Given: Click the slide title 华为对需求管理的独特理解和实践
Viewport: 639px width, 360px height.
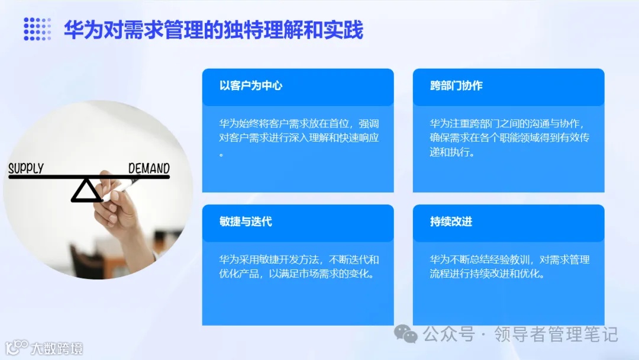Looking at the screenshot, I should coord(213,30).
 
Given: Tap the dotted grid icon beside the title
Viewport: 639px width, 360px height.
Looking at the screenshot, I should coord(37,29).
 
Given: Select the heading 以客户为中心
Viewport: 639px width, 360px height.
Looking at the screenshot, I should coord(251,86).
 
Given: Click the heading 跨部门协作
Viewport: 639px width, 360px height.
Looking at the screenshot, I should coord(456,86).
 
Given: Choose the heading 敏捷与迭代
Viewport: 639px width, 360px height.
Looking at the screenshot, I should coord(246,222).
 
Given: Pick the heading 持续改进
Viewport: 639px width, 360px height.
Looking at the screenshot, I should coord(451,222).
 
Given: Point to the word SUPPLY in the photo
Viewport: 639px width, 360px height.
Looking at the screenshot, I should coord(26,168).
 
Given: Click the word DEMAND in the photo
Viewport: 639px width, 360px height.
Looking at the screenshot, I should coord(149,168).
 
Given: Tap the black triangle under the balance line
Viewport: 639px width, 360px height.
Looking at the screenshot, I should coord(86,191).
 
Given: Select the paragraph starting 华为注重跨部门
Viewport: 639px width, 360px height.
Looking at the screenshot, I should coord(509,138).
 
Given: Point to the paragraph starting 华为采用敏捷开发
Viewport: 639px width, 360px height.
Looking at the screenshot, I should coord(299,267).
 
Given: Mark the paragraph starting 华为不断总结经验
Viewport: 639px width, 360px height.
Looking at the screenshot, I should coord(509,267).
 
